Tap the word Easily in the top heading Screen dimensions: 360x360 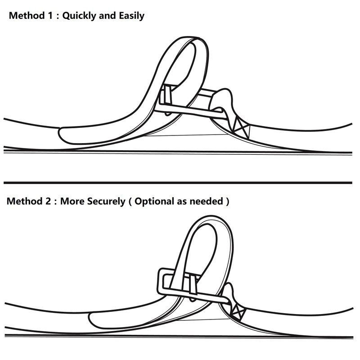coord(131,16)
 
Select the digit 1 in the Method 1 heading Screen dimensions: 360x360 coord(50,16)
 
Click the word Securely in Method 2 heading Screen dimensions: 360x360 coord(106,201)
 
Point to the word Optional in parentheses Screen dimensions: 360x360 coord(154,201)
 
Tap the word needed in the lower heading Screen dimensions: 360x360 coord(207,201)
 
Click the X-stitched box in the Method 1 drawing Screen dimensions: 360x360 coord(241,128)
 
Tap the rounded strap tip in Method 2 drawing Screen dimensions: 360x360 coord(93,319)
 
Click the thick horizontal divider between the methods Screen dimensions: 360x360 coord(178,183)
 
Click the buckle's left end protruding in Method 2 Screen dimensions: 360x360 coord(162,281)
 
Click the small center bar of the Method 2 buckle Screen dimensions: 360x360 coord(193,285)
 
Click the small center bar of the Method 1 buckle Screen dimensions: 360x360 coord(167,95)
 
